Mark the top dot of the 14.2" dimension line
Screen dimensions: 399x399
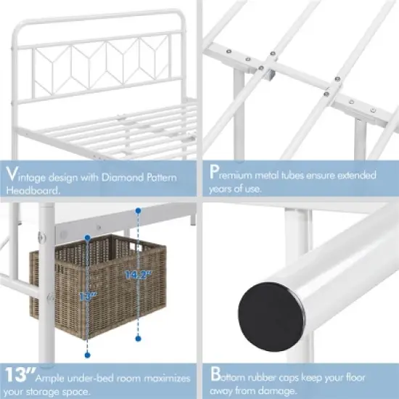[x=137, y=211]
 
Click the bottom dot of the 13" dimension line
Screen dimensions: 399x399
[x=88, y=356]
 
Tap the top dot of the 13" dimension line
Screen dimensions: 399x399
[x=88, y=236]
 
